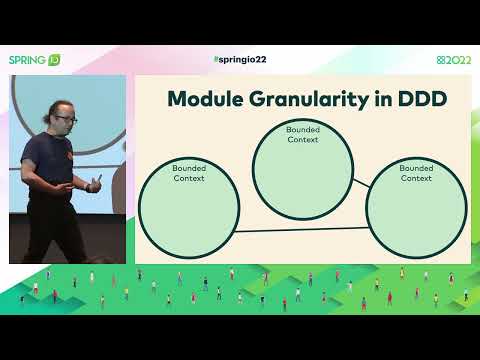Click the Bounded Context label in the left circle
pyautogui.click(x=188, y=173)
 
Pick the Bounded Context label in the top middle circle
pyautogui.click(x=302, y=134)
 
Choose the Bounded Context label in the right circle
pyautogui.click(x=416, y=173)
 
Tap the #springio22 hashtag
pyautogui.click(x=240, y=60)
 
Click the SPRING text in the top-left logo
pyautogui.click(x=27, y=60)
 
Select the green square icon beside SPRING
pyautogui.click(x=55, y=60)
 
